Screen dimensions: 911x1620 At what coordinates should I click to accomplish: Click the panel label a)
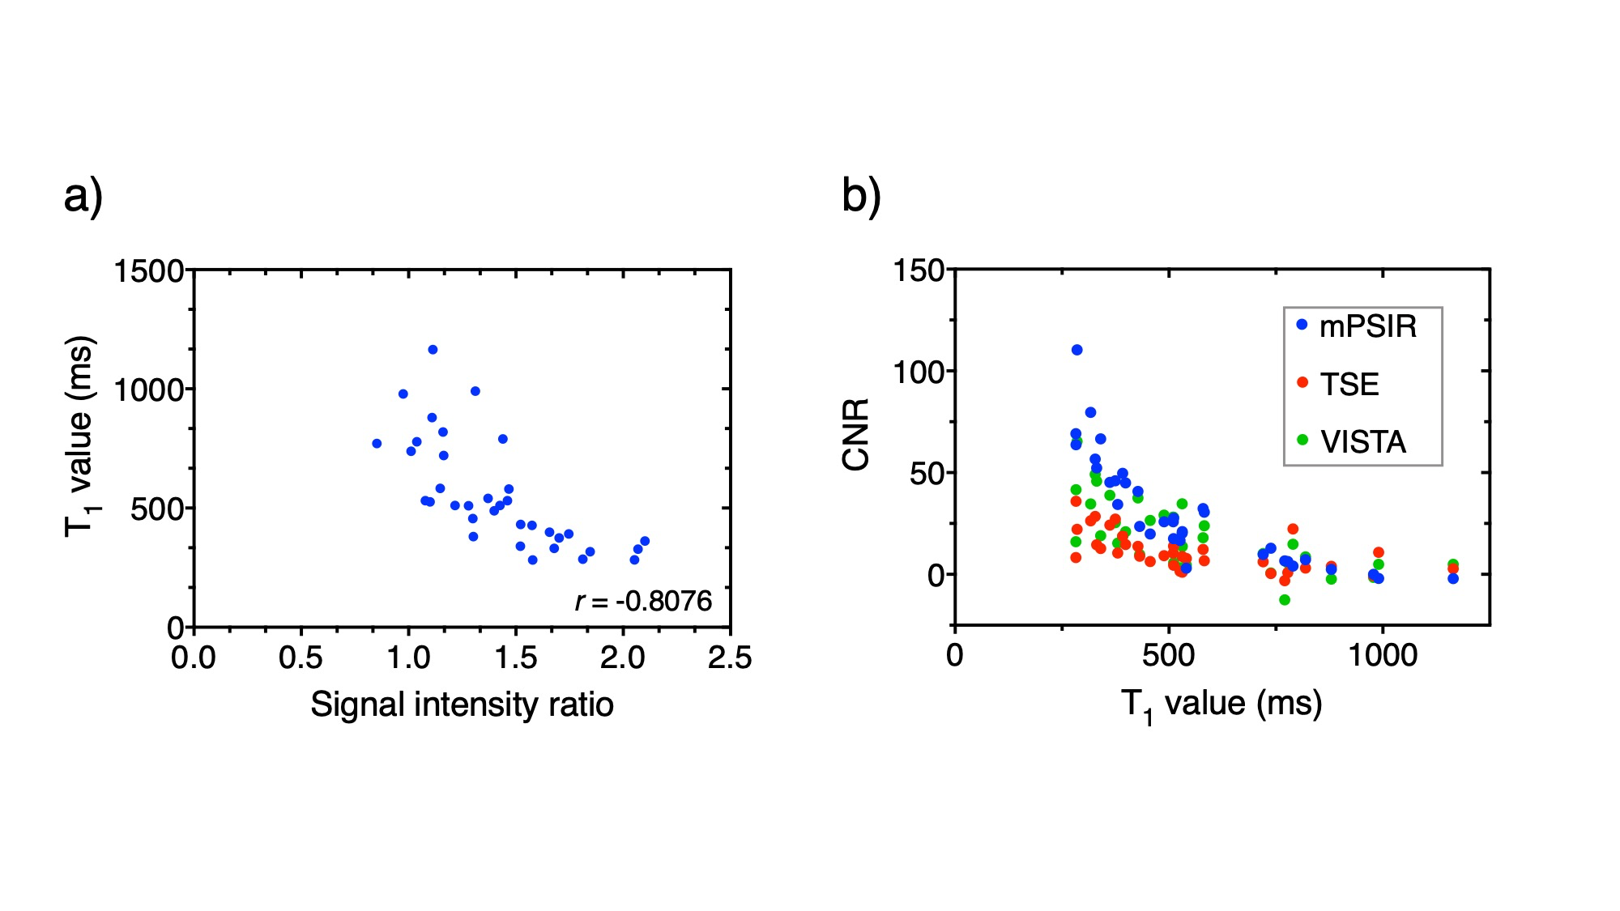point(83,197)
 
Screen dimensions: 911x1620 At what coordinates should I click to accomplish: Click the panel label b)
point(861,197)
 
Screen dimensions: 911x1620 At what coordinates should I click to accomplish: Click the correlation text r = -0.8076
point(643,601)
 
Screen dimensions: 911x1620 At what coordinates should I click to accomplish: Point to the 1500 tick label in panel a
point(149,271)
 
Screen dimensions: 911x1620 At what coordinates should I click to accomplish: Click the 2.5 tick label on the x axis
point(729,658)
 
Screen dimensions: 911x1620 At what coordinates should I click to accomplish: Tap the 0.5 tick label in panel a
point(301,658)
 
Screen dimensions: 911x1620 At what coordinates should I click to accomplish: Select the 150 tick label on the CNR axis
point(919,270)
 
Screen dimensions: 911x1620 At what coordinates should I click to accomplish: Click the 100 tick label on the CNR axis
point(919,372)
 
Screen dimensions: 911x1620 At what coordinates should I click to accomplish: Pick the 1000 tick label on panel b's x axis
point(1382,655)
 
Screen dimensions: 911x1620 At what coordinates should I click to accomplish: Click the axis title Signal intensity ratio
point(462,705)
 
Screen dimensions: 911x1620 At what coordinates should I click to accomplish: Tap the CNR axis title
point(856,434)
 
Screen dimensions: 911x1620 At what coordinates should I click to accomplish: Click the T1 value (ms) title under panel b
point(1221,704)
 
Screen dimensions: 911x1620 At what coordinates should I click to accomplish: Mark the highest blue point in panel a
point(433,350)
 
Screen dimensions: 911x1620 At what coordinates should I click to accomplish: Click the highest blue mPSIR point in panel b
point(1077,350)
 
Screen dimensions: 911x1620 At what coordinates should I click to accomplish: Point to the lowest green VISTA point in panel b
point(1285,600)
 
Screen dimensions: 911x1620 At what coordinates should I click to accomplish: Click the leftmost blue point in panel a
point(377,444)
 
